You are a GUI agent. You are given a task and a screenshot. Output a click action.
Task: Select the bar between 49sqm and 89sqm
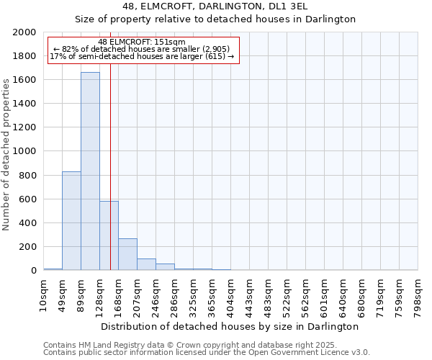click(71, 220)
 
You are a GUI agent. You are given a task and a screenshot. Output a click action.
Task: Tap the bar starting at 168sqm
click(127, 254)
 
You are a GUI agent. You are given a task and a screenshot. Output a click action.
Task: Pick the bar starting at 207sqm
click(146, 264)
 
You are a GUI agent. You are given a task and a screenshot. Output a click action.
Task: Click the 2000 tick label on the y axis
click(25, 32)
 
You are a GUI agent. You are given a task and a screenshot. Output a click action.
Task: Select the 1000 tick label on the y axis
click(25, 151)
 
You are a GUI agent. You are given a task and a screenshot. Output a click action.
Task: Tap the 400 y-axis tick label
click(28, 223)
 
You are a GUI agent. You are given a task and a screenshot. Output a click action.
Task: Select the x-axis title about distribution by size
click(230, 326)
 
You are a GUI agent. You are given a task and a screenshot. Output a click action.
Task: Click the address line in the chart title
click(215, 6)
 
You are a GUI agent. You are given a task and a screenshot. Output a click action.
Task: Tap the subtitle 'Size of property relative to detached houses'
click(215, 19)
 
